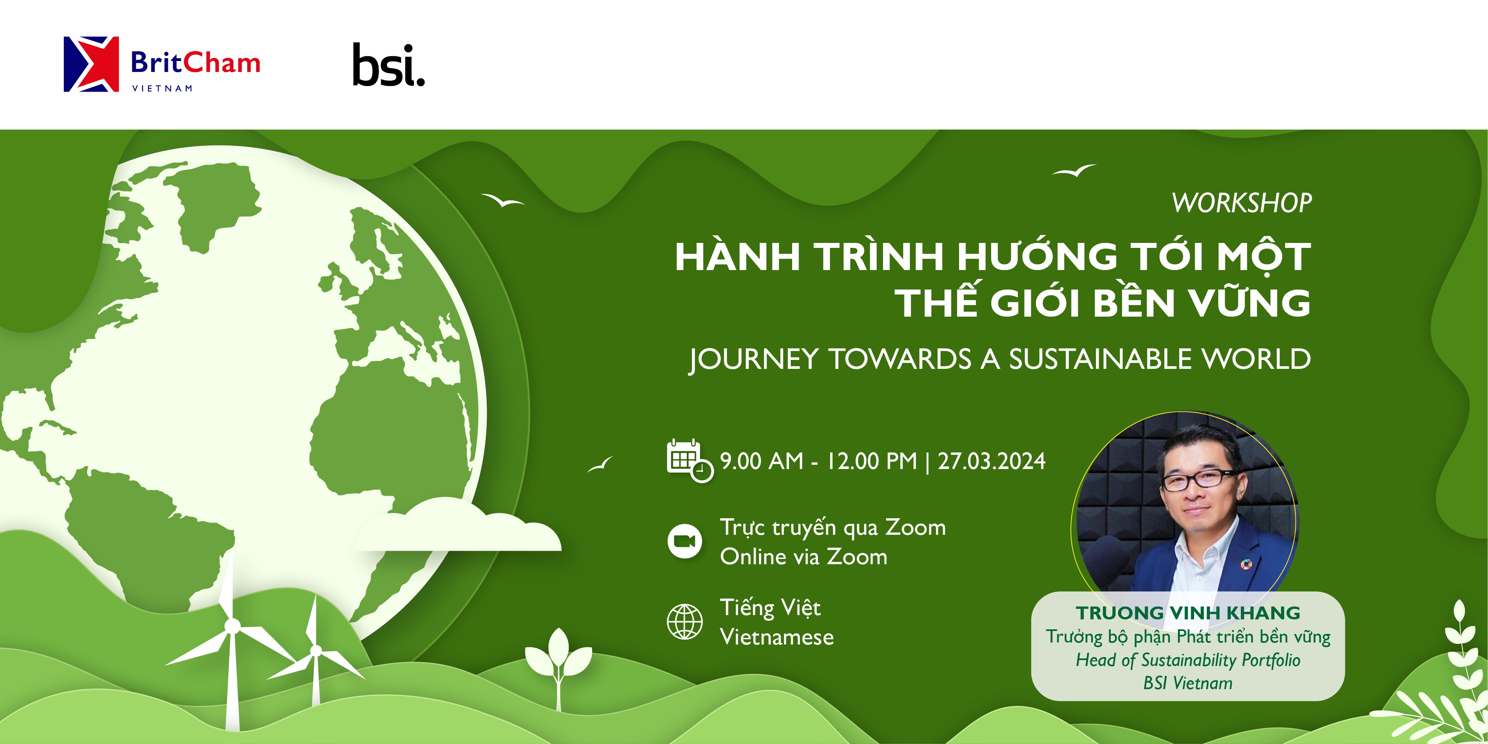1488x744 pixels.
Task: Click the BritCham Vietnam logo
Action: pos(162,64)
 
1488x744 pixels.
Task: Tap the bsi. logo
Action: pos(388,65)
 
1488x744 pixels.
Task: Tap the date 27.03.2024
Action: pos(991,461)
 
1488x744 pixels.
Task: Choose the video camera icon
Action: pos(685,541)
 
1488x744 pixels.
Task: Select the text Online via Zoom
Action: pos(803,557)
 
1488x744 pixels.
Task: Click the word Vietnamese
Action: pos(777,637)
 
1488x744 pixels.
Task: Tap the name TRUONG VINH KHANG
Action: pos(1188,612)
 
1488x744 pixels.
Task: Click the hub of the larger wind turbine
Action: pos(232,626)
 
